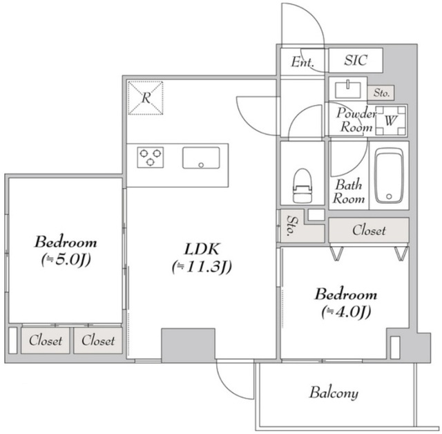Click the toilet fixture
click(302, 186)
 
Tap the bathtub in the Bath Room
click(389, 175)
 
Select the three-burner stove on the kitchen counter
click(151, 158)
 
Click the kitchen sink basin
click(201, 158)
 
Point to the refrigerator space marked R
click(146, 98)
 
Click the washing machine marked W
click(391, 121)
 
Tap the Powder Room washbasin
click(348, 90)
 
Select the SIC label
click(356, 60)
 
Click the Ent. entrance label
click(302, 62)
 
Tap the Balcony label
click(334, 393)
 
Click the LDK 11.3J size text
click(202, 267)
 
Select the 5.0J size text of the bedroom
click(66, 260)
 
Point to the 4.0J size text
click(346, 312)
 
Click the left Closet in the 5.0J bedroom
click(46, 341)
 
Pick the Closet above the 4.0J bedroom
click(369, 230)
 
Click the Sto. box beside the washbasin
click(381, 93)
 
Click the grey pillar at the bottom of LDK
click(188, 345)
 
